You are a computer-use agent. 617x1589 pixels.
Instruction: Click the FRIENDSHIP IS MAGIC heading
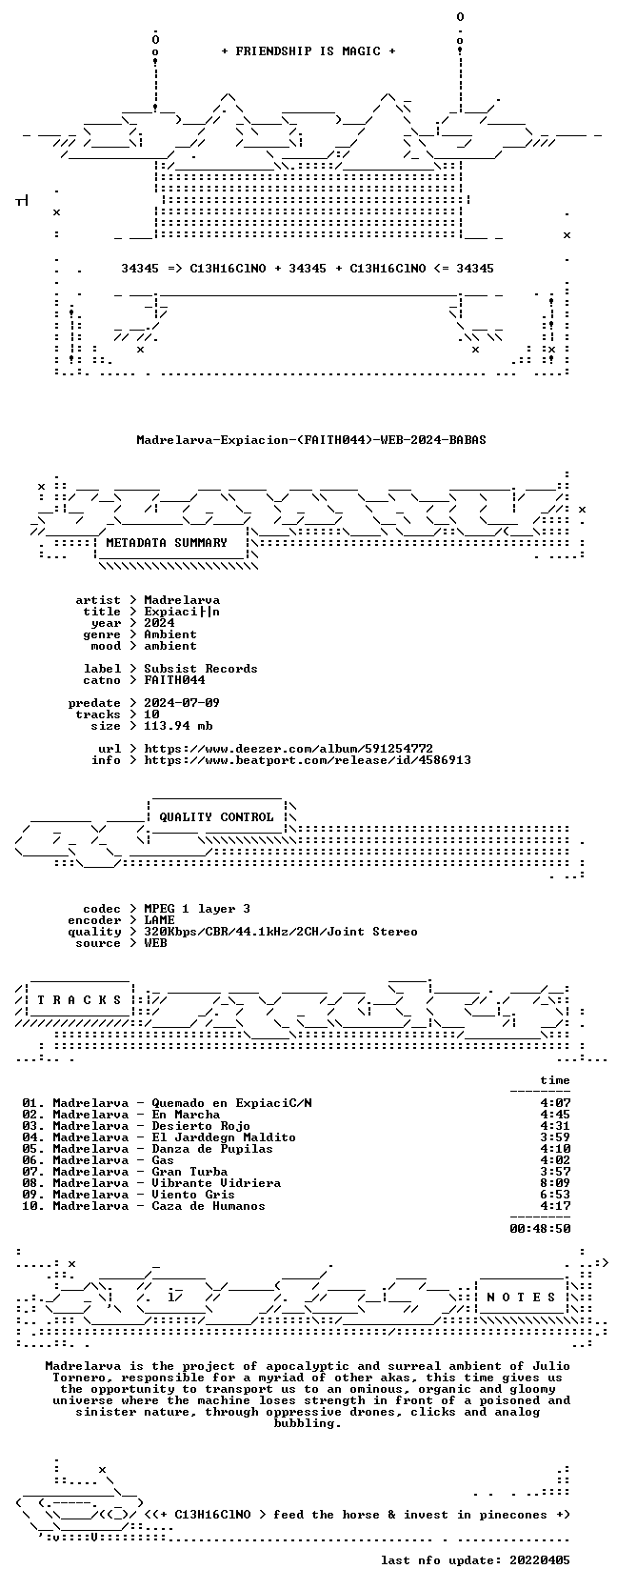tap(308, 51)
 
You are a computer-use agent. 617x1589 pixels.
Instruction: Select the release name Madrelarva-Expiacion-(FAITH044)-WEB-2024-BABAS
tap(311, 440)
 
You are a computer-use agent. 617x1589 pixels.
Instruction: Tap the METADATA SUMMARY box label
tap(167, 543)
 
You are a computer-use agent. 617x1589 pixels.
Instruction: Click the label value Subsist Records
tap(201, 668)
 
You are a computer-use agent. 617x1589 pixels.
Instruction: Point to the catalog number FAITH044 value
tap(174, 679)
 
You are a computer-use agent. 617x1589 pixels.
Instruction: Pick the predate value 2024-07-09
tap(182, 702)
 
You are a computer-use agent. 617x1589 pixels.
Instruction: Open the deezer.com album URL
tap(289, 749)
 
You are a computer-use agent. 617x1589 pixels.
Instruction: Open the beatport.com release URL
tap(308, 760)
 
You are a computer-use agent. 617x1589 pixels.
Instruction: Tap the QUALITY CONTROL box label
tap(216, 817)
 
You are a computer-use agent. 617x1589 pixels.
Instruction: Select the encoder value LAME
tap(159, 920)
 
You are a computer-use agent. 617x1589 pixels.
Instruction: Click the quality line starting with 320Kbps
tap(281, 932)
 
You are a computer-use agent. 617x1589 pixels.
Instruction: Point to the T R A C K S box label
tap(79, 1000)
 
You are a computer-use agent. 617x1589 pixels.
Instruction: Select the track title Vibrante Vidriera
tap(216, 1182)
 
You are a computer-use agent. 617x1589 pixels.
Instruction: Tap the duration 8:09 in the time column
tap(555, 1182)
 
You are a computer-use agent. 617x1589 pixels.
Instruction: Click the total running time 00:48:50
tap(540, 1228)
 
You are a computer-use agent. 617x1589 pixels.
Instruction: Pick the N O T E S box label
tap(521, 1297)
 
